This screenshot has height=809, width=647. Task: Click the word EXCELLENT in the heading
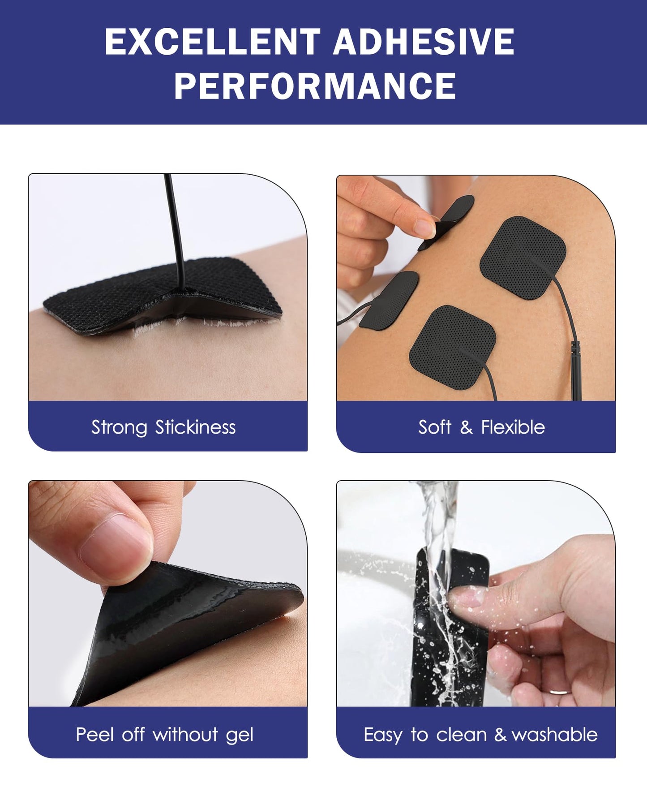click(212, 42)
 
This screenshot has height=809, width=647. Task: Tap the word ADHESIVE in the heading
click(424, 42)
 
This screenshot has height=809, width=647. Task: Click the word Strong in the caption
click(119, 427)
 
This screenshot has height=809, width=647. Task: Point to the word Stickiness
click(195, 427)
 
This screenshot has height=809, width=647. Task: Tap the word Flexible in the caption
click(513, 427)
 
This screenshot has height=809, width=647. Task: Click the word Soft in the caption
click(435, 427)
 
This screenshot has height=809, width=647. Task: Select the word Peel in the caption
click(94, 735)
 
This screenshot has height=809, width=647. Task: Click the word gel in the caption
click(240, 736)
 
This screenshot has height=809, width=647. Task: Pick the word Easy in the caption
click(383, 735)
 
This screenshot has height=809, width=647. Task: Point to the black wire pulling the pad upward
click(175, 224)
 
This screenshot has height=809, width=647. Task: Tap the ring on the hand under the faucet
click(560, 692)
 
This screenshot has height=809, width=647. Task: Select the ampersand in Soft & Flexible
click(466, 427)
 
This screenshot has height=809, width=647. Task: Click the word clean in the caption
click(461, 735)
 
